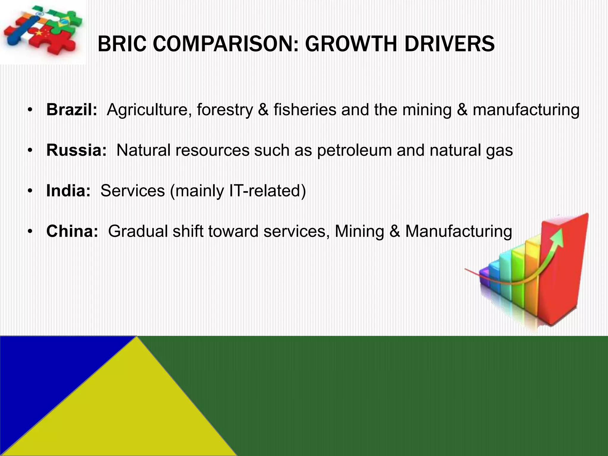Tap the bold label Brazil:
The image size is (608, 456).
coord(72,110)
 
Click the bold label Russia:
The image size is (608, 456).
coord(76,150)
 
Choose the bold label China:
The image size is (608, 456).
coord(72,231)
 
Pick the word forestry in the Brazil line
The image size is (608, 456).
coord(224,110)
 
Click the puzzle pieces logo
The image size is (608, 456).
coord(42,30)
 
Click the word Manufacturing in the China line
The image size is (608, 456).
coord(459,231)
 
